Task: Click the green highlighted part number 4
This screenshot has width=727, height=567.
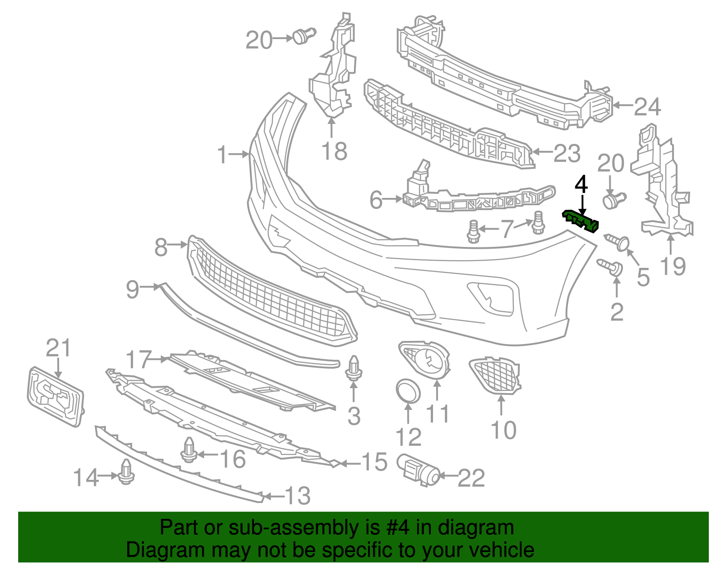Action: [581, 221]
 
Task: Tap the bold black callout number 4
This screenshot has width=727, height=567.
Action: [581, 185]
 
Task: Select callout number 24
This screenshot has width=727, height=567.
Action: [647, 107]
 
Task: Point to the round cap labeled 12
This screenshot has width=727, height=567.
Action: [408, 391]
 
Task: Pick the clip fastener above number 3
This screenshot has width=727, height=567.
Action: [354, 368]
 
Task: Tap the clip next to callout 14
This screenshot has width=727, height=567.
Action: [126, 472]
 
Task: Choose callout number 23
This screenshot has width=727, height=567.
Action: [567, 153]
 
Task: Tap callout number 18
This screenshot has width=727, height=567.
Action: [334, 151]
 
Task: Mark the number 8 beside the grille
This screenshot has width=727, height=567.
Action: [161, 247]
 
